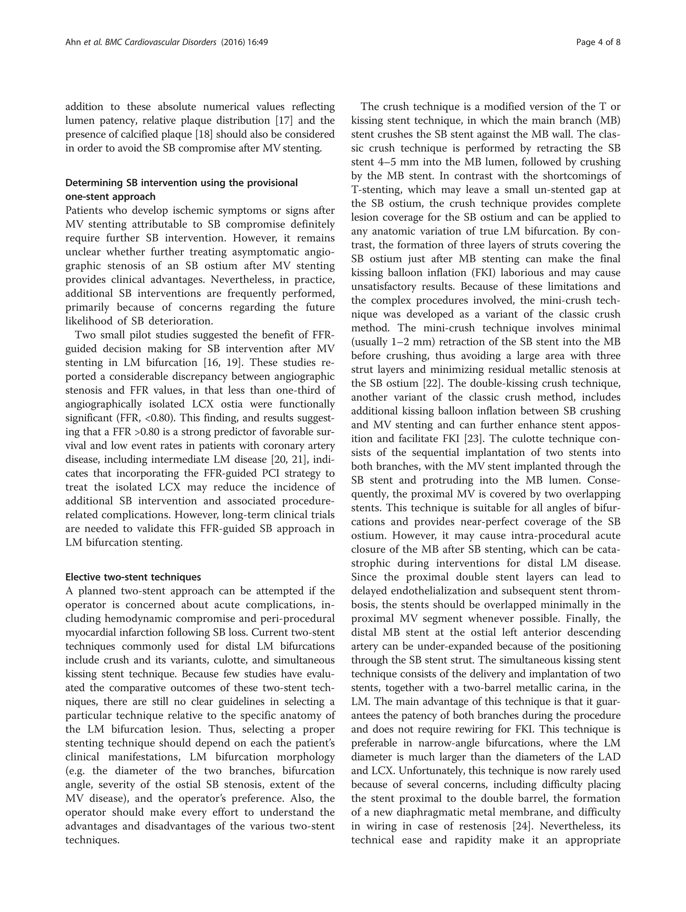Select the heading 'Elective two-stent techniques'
tap(133, 577)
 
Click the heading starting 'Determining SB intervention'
tap(181, 183)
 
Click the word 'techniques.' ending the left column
tap(92, 840)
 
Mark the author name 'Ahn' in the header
tap(72, 42)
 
